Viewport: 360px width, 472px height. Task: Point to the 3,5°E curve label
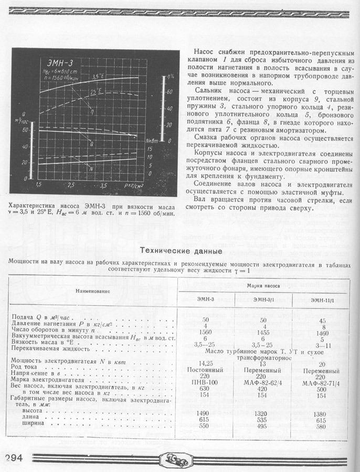tap(98, 77)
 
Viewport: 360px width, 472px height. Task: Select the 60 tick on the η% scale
tap(169, 91)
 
